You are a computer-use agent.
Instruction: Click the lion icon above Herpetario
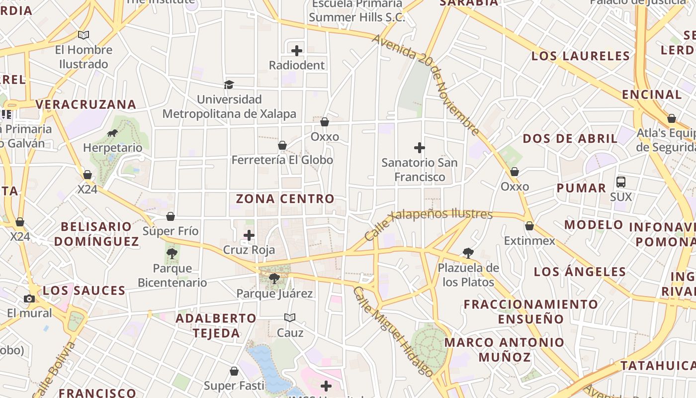(112, 133)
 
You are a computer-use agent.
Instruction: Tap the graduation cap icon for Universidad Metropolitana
(229, 85)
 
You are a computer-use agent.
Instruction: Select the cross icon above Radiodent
(297, 51)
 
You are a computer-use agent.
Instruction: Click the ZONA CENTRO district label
(285, 199)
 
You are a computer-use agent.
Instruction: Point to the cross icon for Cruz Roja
(249, 235)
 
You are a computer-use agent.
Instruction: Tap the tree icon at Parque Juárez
(274, 279)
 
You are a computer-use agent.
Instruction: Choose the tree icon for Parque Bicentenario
(172, 254)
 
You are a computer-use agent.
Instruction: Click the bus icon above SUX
(621, 182)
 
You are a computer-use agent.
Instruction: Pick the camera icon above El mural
(29, 298)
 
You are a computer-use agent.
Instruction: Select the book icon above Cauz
(290, 317)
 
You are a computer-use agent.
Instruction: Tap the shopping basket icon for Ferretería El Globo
(282, 145)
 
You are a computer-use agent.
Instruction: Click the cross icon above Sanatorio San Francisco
(420, 148)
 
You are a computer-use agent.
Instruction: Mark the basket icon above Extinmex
(529, 226)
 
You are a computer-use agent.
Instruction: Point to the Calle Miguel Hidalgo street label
(393, 331)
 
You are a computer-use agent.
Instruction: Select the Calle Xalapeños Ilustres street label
(428, 221)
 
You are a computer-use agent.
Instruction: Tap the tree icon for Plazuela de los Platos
(468, 253)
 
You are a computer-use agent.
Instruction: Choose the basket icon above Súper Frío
(171, 216)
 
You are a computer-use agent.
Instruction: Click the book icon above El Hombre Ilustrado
(84, 35)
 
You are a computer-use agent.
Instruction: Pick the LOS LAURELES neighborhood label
(581, 56)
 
